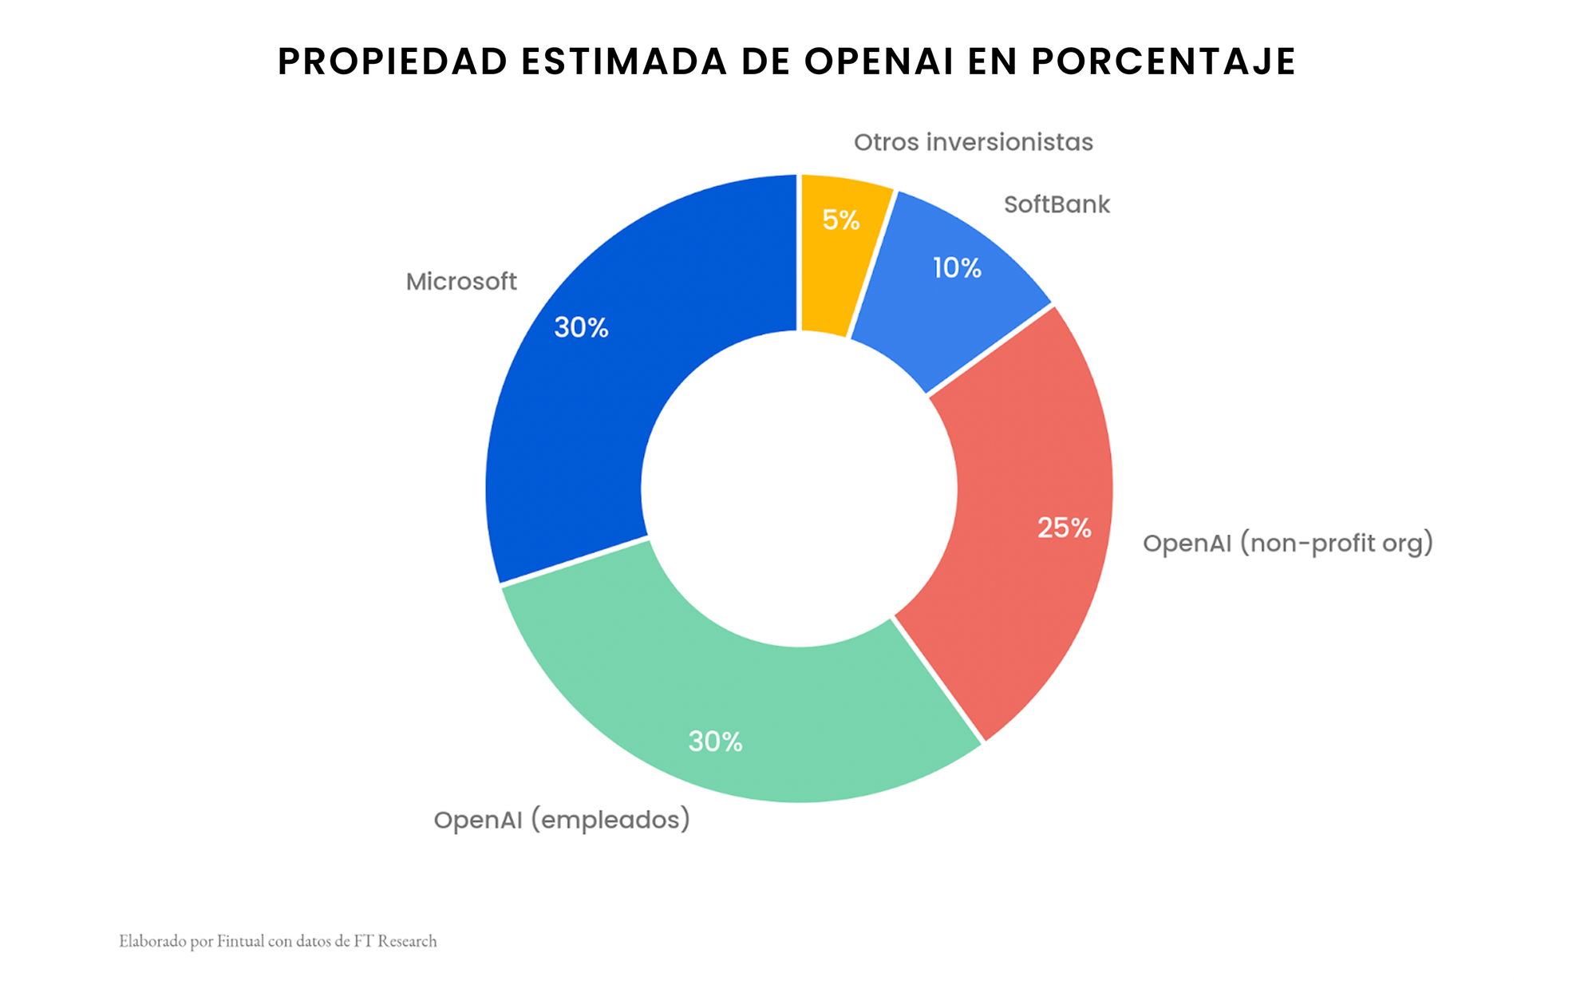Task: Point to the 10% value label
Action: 957,268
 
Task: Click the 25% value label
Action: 1064,528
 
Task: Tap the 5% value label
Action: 841,220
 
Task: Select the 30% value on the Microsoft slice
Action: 581,327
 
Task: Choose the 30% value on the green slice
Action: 715,742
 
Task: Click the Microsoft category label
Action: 461,282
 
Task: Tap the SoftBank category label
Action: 1057,205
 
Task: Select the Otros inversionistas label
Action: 973,142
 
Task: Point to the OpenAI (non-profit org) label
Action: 1287,544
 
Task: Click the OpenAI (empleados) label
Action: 562,820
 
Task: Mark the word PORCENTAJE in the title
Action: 1163,61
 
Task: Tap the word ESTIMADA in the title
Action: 624,61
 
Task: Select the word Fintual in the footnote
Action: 240,941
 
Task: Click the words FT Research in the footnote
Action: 395,941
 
